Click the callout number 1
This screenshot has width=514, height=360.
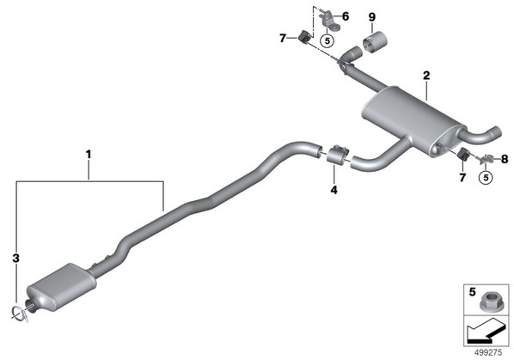pos(89,154)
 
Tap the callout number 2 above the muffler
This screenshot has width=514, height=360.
pos(426,76)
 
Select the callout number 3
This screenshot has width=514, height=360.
pos(15,258)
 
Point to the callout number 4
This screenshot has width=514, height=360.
pos(333,190)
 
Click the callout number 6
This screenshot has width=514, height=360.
pos(346,16)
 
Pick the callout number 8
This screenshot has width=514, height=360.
pos(505,159)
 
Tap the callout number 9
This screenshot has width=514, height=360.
pos(371,17)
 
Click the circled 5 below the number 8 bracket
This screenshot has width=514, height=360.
pos(486,177)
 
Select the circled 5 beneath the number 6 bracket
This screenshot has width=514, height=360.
pos(327,41)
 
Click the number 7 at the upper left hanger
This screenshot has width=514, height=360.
pos(283,39)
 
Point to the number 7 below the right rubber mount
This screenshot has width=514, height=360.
pos(462,178)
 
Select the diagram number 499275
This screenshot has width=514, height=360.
pos(488,352)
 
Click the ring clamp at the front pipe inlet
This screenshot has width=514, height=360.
pos(21,313)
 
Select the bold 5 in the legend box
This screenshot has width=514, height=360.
pos(472,292)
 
